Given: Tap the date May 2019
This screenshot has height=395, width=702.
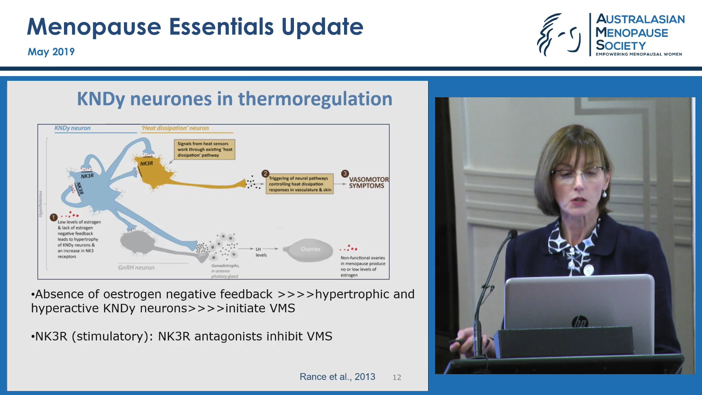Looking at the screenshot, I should [x=51, y=52].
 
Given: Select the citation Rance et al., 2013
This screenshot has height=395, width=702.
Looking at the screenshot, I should [x=337, y=377].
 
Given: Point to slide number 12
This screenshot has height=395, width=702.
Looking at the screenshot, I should [x=397, y=377].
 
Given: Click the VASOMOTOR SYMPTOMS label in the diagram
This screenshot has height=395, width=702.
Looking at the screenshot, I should [x=368, y=183].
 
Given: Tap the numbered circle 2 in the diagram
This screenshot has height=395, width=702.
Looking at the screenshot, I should [x=265, y=173].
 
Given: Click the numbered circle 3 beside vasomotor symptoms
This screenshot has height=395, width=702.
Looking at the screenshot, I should [x=345, y=173].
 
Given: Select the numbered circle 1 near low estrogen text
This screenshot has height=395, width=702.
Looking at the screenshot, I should [x=53, y=217].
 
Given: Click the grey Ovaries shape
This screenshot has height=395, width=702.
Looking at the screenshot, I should [x=310, y=249].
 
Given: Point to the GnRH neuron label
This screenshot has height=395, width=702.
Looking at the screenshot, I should [x=136, y=268].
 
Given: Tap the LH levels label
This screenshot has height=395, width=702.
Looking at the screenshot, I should [x=260, y=252].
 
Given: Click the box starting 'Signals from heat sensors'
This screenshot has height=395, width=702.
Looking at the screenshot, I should [x=204, y=149].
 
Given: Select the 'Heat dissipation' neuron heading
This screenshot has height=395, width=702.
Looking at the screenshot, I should [x=175, y=128].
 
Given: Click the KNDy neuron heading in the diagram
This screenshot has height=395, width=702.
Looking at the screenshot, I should [x=72, y=128].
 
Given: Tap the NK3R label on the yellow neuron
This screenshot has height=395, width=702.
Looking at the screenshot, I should [x=146, y=163].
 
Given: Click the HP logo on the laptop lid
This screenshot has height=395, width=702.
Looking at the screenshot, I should [x=580, y=322].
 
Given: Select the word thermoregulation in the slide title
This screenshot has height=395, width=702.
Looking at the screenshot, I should [x=315, y=99].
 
